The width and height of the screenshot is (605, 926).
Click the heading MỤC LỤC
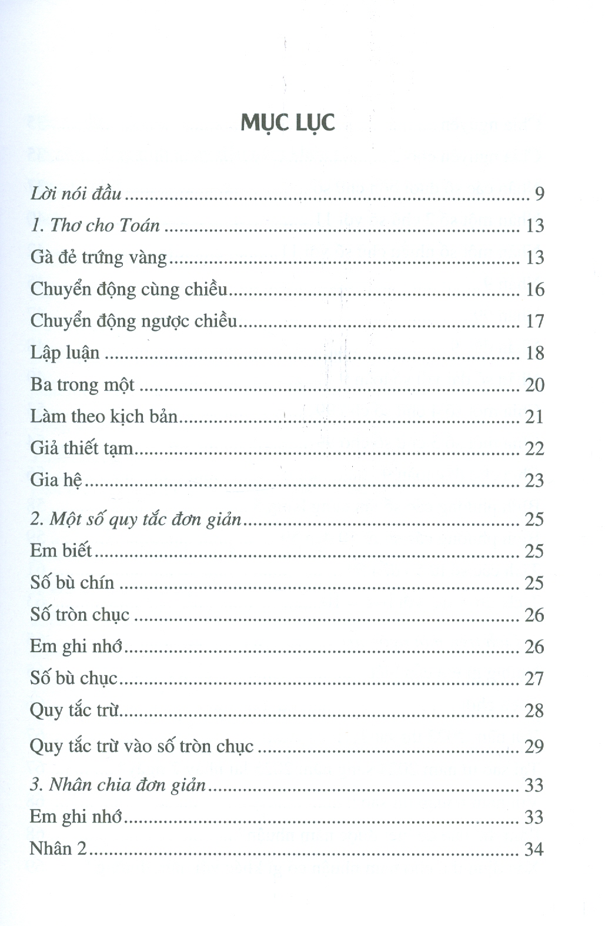click(288, 123)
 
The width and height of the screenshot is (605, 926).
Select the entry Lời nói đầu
click(76, 193)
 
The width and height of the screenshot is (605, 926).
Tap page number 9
click(540, 194)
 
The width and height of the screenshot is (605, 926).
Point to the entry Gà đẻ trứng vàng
click(99, 257)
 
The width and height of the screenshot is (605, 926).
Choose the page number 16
click(534, 289)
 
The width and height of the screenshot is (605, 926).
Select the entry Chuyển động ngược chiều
click(133, 321)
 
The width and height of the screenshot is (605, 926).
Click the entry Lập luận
click(65, 353)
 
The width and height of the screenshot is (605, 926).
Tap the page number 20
click(534, 385)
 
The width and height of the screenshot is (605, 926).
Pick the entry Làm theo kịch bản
click(103, 417)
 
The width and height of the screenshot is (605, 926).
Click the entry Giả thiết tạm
click(82, 448)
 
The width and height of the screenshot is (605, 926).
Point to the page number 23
click(534, 481)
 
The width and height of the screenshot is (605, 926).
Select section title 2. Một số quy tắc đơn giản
click(136, 519)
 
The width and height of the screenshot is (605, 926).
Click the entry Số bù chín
click(72, 582)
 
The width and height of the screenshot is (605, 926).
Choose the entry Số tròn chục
click(79, 615)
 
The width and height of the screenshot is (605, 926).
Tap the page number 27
click(534, 679)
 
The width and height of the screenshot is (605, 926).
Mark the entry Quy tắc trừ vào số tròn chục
click(142, 746)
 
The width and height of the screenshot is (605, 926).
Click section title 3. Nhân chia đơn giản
click(118, 785)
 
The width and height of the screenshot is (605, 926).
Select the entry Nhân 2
click(58, 848)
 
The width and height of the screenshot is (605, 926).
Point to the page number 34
click(534, 849)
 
